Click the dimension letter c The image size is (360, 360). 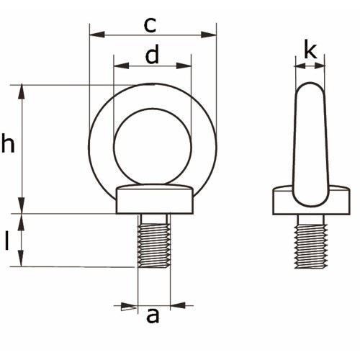tap(150, 25)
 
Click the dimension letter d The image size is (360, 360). tap(153, 54)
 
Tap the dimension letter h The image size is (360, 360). tap(8, 143)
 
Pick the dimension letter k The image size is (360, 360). tap(310, 51)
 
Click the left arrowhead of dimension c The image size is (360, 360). tap(97, 35)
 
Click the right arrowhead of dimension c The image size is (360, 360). tap(209, 35)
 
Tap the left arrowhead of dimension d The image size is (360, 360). tap(122, 66)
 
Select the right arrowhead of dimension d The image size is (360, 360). tap(184, 66)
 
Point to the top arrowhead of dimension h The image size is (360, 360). tap(22, 91)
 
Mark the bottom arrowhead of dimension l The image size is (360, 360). tap(22, 258)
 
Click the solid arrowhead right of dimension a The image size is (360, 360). tap(178, 305)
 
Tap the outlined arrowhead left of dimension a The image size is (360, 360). tap(129, 307)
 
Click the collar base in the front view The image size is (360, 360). tap(155, 199)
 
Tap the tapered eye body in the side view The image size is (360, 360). tap(310, 145)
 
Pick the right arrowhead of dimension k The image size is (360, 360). tap(320, 66)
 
